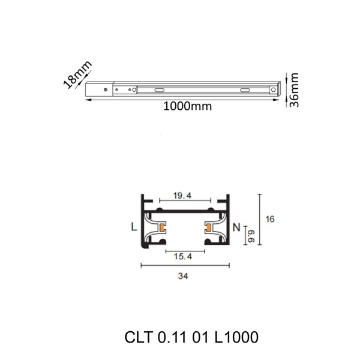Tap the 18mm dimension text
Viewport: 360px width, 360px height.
point(77,74)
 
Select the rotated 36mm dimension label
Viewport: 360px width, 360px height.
point(293,90)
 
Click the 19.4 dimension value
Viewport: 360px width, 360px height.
point(182,196)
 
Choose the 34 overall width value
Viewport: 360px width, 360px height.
point(184,277)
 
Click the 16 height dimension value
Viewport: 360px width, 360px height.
point(269,220)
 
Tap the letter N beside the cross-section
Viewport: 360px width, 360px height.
point(236,227)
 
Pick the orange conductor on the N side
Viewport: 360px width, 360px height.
point(208,227)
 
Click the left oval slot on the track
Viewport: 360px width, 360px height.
point(159,89)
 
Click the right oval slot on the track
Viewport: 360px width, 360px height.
point(246,89)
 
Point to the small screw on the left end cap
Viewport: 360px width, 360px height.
point(106,91)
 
